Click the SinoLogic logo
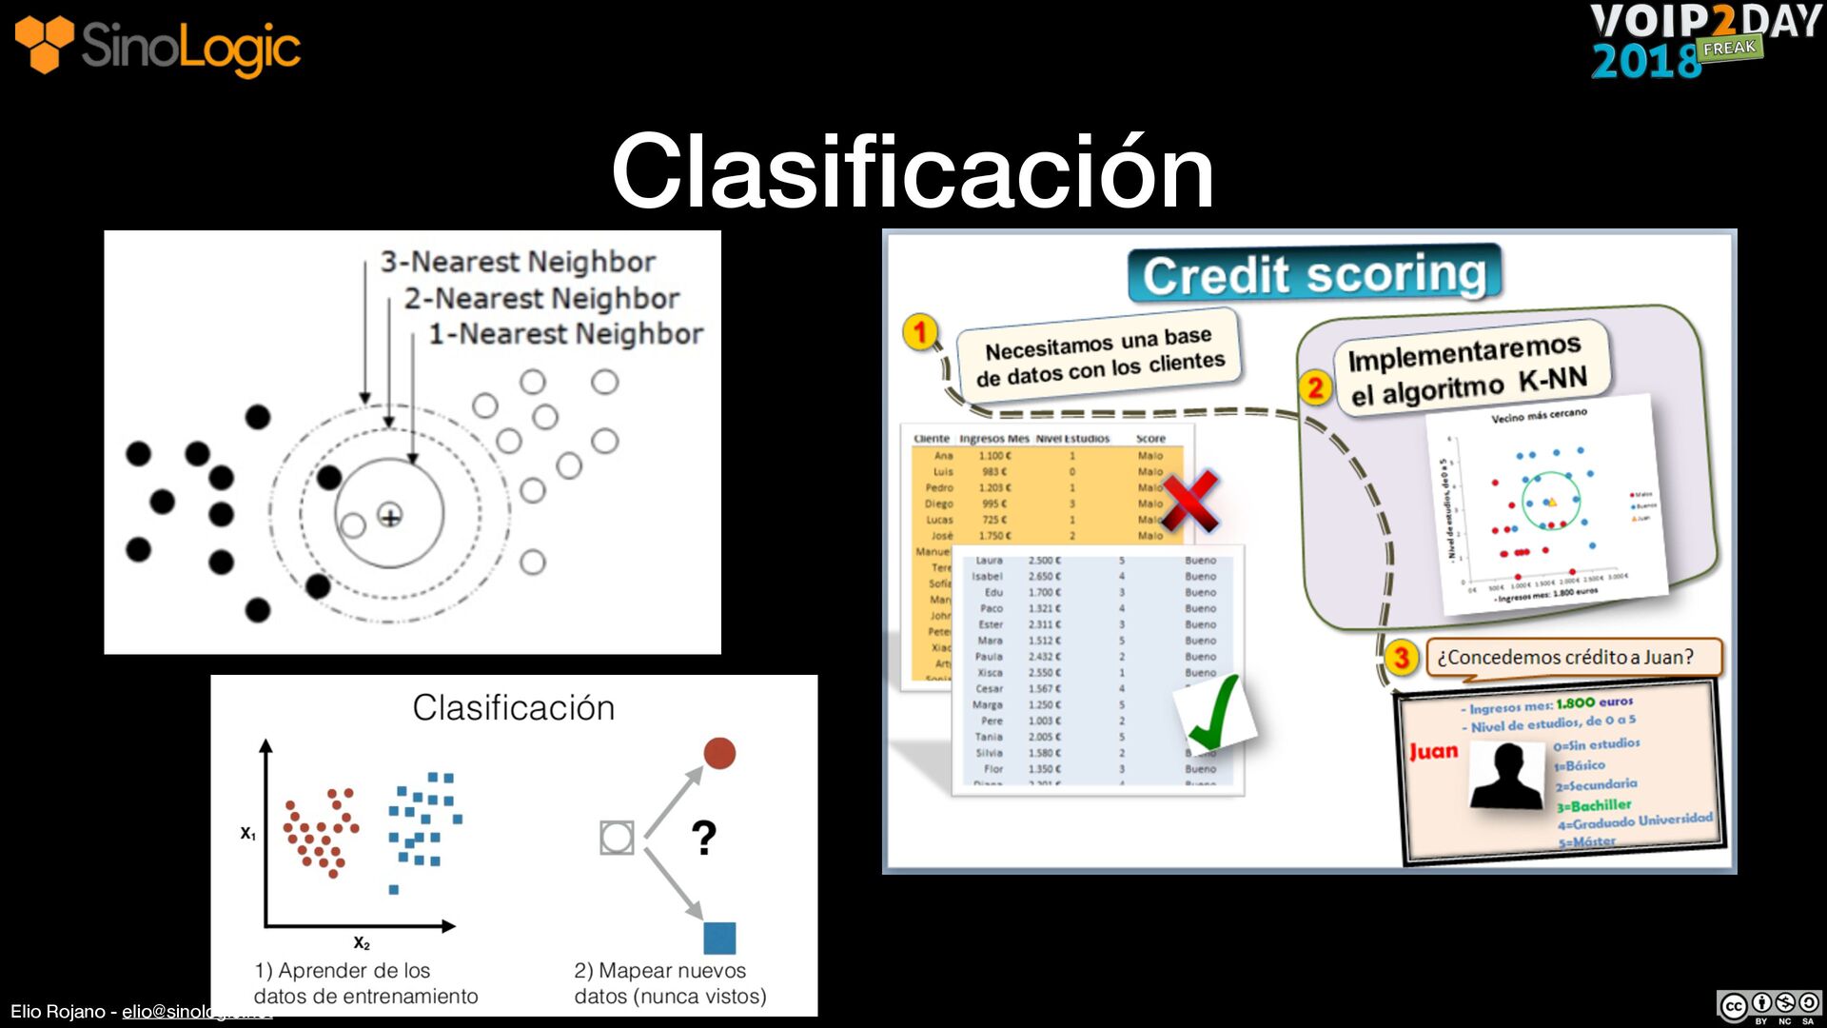tap(158, 46)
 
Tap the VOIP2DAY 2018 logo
tap(1703, 40)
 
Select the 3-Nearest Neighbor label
tap(518, 262)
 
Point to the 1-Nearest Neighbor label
tap(565, 334)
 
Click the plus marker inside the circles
tap(390, 516)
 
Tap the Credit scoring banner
tap(1314, 275)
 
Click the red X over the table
tap(1189, 500)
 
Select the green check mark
tap(1215, 714)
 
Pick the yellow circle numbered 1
tap(920, 332)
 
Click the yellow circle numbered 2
tap(1315, 387)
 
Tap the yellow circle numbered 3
tap(1401, 657)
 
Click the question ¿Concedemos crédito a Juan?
tap(1565, 657)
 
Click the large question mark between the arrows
tap(703, 838)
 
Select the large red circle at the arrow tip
tap(719, 753)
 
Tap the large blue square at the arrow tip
tap(719, 938)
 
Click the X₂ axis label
tap(362, 942)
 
